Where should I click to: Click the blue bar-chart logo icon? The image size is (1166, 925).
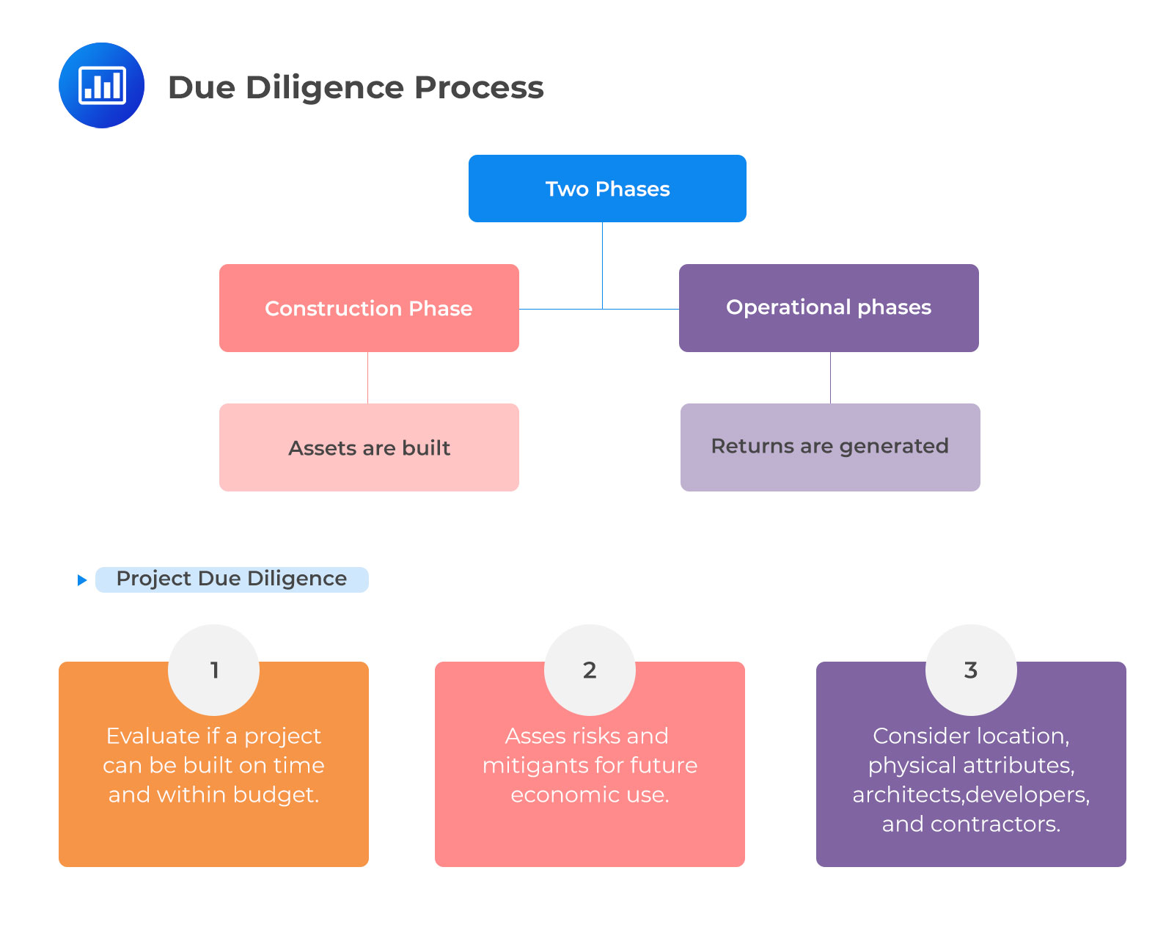click(x=101, y=85)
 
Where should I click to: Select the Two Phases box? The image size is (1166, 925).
click(x=607, y=189)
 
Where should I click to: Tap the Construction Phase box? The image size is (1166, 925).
click(x=369, y=308)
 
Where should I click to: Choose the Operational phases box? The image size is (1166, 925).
click(x=829, y=307)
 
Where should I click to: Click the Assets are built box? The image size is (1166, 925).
click(x=369, y=447)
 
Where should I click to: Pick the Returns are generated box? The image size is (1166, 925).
click(x=830, y=447)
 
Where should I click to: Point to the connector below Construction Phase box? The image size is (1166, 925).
click(x=367, y=378)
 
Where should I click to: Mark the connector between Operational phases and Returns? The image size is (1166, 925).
click(x=830, y=378)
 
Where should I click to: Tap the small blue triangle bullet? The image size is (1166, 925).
click(x=82, y=580)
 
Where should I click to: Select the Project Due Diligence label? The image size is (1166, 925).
click(x=232, y=579)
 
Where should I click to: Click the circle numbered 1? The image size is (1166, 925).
click(x=214, y=670)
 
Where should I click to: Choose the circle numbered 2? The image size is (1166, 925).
click(x=590, y=670)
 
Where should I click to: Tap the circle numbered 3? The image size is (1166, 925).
click(x=971, y=670)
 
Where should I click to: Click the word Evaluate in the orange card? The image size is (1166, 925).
click(x=153, y=736)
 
